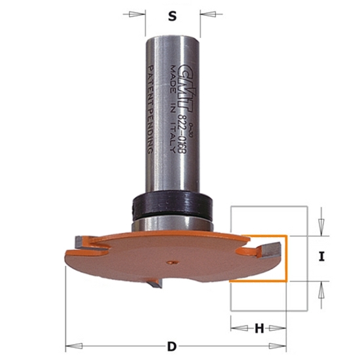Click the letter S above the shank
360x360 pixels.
(x=173, y=18)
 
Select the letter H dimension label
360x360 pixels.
(x=259, y=329)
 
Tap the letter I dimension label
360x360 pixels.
(x=321, y=257)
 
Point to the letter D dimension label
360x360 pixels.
(x=171, y=345)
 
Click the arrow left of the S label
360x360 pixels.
(x=137, y=13)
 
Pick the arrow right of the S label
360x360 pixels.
(x=208, y=13)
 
